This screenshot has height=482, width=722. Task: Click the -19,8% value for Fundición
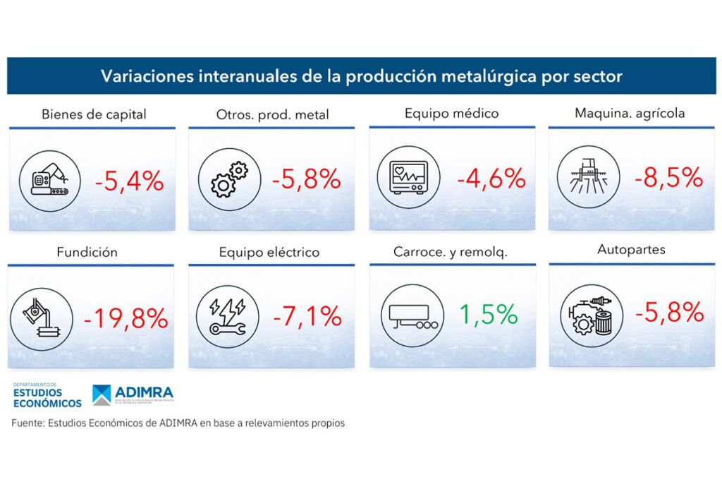(126, 318)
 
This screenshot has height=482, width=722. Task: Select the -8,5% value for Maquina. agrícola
(666, 178)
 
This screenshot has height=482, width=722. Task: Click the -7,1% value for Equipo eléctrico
(307, 316)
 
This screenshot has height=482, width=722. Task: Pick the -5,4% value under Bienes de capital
(130, 181)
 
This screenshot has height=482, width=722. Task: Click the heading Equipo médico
(451, 113)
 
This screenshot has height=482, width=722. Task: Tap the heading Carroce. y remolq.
(451, 251)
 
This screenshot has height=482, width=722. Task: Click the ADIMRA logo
(133, 397)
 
